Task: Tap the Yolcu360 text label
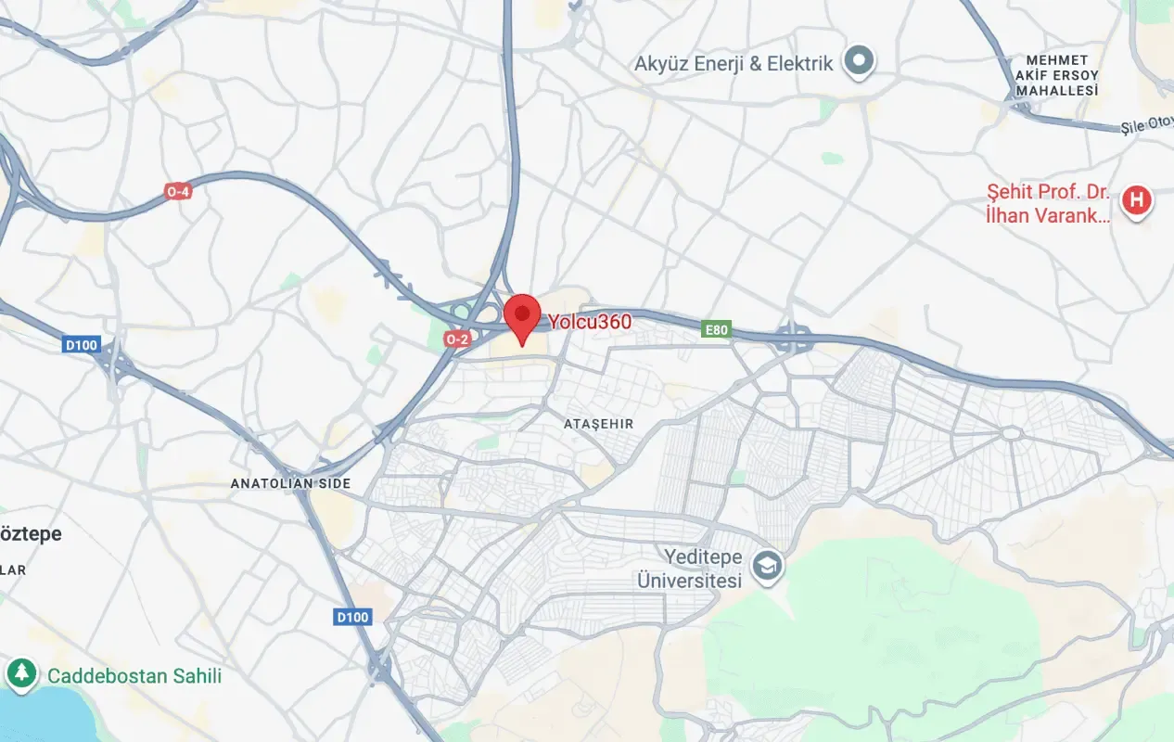(589, 323)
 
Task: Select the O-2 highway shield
(457, 339)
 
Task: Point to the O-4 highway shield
(177, 192)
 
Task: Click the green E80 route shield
(716, 329)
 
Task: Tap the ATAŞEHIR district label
(598, 424)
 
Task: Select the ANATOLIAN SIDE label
(290, 484)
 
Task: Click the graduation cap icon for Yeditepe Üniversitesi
(768, 565)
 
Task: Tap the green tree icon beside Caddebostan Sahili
(20, 674)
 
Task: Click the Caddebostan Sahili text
(134, 676)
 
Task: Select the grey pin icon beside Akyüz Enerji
(860, 62)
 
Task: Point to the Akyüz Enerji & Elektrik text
(734, 64)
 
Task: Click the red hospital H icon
(1136, 200)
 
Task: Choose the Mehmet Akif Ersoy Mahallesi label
(1056, 75)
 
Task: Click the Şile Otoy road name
(1146, 125)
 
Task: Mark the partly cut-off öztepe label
(31, 534)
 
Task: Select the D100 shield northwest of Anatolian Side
(82, 345)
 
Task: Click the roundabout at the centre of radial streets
(1012, 433)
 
